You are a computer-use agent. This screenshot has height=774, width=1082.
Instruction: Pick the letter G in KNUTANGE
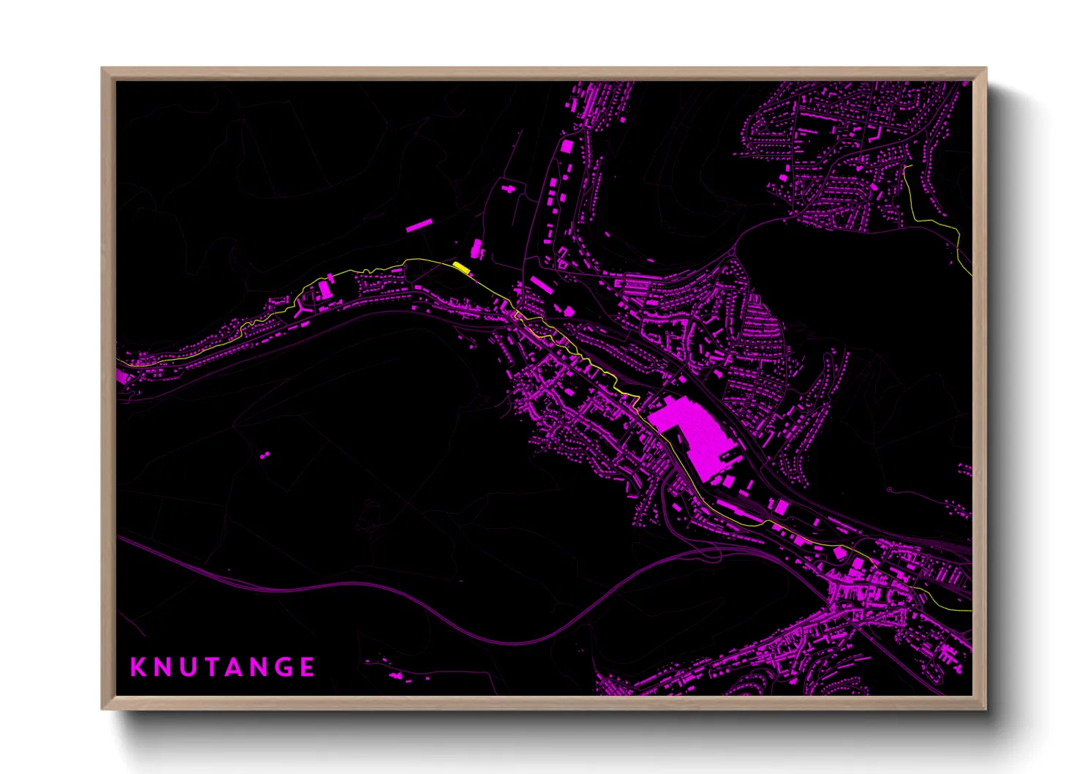coord(284,667)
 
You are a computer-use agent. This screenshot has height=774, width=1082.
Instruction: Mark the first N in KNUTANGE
coord(163,667)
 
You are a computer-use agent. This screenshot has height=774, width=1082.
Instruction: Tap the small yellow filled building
coord(461,267)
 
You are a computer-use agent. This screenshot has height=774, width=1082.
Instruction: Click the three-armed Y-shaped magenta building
coord(302,311)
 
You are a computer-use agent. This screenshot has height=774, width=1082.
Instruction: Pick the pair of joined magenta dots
coord(264,455)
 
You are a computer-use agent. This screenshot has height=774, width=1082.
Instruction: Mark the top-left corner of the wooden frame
coord(103,69)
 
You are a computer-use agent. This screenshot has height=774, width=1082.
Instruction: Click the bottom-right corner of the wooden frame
coord(985,707)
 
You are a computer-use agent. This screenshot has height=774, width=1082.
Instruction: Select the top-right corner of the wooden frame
coord(985,69)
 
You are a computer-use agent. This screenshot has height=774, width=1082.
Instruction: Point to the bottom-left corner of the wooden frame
coord(103,707)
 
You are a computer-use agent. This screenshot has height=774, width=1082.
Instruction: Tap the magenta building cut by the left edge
coord(121,376)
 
